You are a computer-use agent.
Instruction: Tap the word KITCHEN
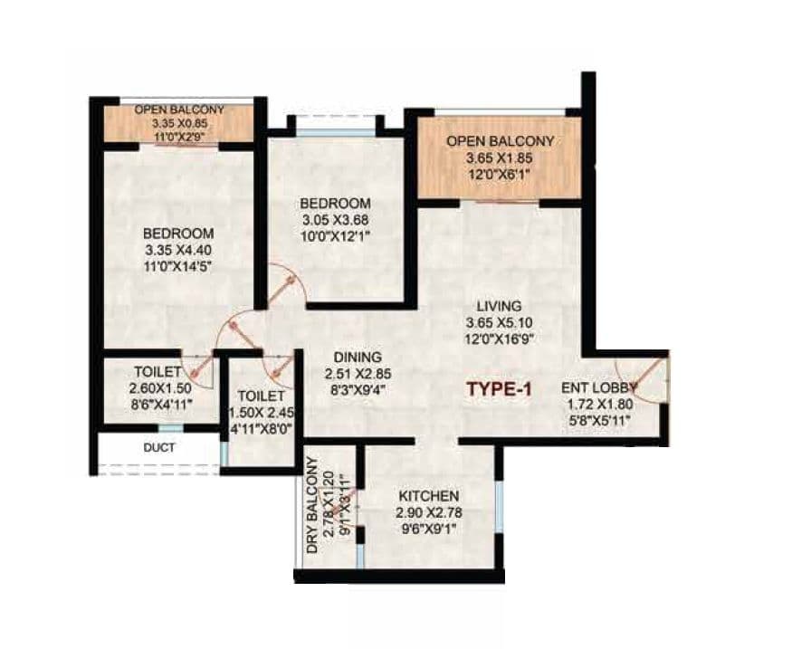[x=429, y=496]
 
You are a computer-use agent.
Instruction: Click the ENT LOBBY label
[x=600, y=387]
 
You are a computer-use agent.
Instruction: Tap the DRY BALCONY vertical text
[x=312, y=506]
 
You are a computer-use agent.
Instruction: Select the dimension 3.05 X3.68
[x=336, y=219]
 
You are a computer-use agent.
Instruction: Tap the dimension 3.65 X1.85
[x=500, y=159]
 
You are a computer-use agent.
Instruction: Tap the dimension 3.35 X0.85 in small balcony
[x=179, y=122]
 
